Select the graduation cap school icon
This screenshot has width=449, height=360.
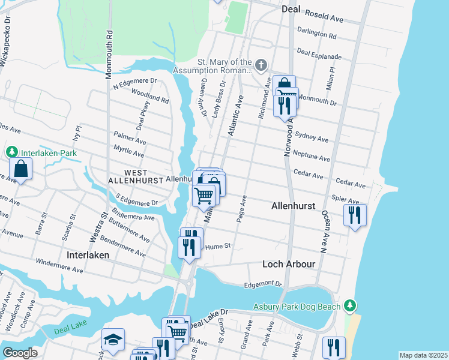(x=113, y=340)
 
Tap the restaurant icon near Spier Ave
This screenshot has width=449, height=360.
(x=354, y=214)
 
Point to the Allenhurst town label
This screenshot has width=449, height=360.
(x=293, y=205)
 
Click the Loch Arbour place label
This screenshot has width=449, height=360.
(x=289, y=264)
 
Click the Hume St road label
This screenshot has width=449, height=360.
(x=218, y=246)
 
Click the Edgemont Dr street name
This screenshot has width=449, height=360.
(x=262, y=284)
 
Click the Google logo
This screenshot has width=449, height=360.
(x=20, y=352)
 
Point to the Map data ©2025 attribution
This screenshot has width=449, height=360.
(x=423, y=355)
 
